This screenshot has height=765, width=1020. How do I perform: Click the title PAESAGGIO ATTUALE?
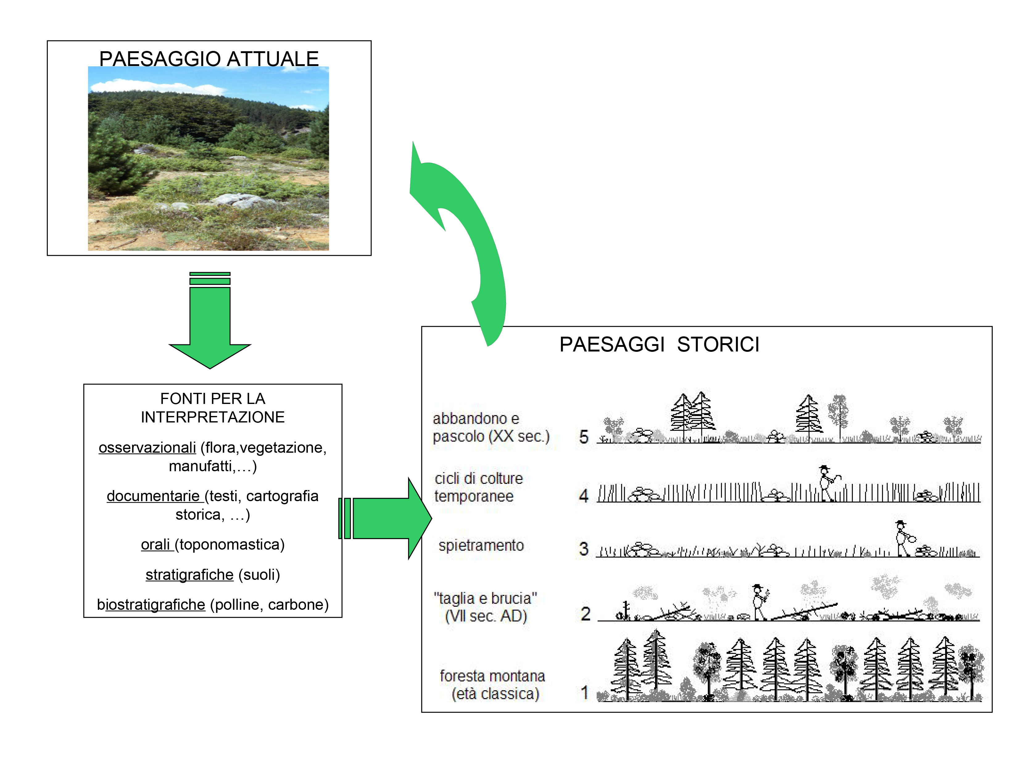pyautogui.click(x=209, y=59)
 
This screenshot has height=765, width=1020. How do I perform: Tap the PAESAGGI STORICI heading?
pyautogui.click(x=659, y=344)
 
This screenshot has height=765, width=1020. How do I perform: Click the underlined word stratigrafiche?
pyautogui.click(x=189, y=575)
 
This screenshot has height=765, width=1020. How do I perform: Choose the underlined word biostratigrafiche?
pyautogui.click(x=151, y=605)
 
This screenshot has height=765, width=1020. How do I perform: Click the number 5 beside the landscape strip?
pyautogui.click(x=584, y=437)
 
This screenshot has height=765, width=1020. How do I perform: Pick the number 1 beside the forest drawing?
pyautogui.click(x=585, y=692)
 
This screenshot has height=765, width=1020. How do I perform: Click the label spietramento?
pyautogui.click(x=481, y=546)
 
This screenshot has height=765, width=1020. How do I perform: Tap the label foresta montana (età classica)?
pyautogui.click(x=492, y=685)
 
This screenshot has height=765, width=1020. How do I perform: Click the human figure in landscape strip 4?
pyautogui.click(x=827, y=483)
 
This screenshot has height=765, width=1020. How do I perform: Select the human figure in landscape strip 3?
pyautogui.click(x=904, y=538)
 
